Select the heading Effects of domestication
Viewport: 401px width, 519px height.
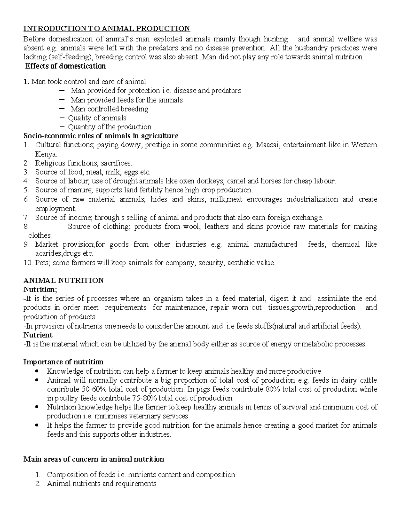pos(65,66)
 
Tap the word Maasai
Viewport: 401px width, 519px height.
pos(267,145)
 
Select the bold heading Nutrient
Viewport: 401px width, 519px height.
pos(38,335)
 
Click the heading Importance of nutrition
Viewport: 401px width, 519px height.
pos(63,362)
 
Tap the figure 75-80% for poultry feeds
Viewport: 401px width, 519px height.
pos(144,398)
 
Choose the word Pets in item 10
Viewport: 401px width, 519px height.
pos(42,263)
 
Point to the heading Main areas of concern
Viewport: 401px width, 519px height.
pos(94,459)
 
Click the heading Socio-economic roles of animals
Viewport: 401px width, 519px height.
pos(101,136)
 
